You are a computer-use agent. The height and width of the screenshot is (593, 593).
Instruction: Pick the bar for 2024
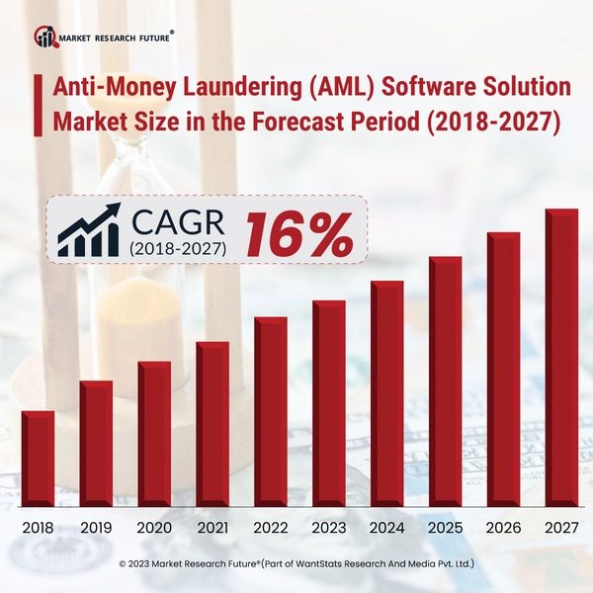[386, 395]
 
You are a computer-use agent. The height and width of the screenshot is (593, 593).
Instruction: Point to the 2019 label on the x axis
[96, 528]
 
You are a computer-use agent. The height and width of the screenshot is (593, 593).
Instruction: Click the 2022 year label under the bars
[270, 528]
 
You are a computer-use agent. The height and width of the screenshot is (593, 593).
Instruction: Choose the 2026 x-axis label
[503, 528]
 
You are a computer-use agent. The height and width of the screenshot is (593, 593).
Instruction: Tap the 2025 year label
[445, 528]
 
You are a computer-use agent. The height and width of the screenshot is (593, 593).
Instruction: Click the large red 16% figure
[298, 233]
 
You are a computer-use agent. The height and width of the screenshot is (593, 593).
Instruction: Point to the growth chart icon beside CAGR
[89, 231]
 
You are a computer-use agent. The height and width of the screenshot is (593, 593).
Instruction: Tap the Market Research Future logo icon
[45, 37]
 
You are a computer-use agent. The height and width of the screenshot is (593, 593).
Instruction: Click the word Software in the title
[431, 87]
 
